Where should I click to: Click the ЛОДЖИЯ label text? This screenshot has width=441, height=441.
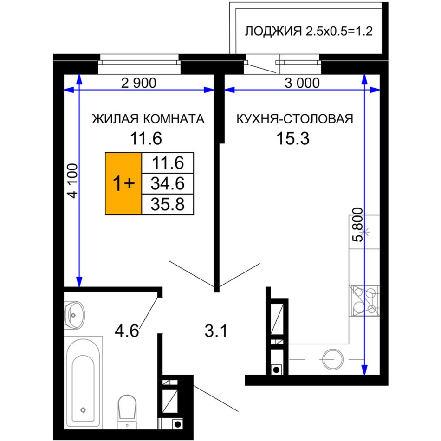coord(273,31)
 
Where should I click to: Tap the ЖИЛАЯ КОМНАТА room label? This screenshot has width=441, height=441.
coord(148,119)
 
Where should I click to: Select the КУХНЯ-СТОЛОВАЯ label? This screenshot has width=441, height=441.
coord(295,119)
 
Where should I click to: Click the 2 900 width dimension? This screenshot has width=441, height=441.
coord(139,83)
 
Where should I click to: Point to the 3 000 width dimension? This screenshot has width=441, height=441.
coord(302,83)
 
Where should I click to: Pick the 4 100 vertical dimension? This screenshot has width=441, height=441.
coord(73,181)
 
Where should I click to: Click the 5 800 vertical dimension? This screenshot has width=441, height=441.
coord(358,225)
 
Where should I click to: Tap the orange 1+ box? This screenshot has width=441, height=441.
coord(123,184)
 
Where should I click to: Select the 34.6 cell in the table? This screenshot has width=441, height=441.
coord(168,183)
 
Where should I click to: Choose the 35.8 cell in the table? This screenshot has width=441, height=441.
coord(168,204)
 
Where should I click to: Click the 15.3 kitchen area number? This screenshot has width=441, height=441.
coord(293,138)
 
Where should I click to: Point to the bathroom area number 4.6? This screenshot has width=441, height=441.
coord(127,331)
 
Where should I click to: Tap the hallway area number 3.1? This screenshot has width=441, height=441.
coord(216,331)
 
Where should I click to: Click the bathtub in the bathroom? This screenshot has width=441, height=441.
coord(83,383)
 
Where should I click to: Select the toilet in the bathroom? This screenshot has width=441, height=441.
coord(127,411)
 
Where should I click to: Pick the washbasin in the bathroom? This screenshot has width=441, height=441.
coord(74,315)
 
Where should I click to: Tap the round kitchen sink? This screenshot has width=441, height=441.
coord(333,359)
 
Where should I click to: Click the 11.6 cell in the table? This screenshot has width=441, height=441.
coord(168,162)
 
